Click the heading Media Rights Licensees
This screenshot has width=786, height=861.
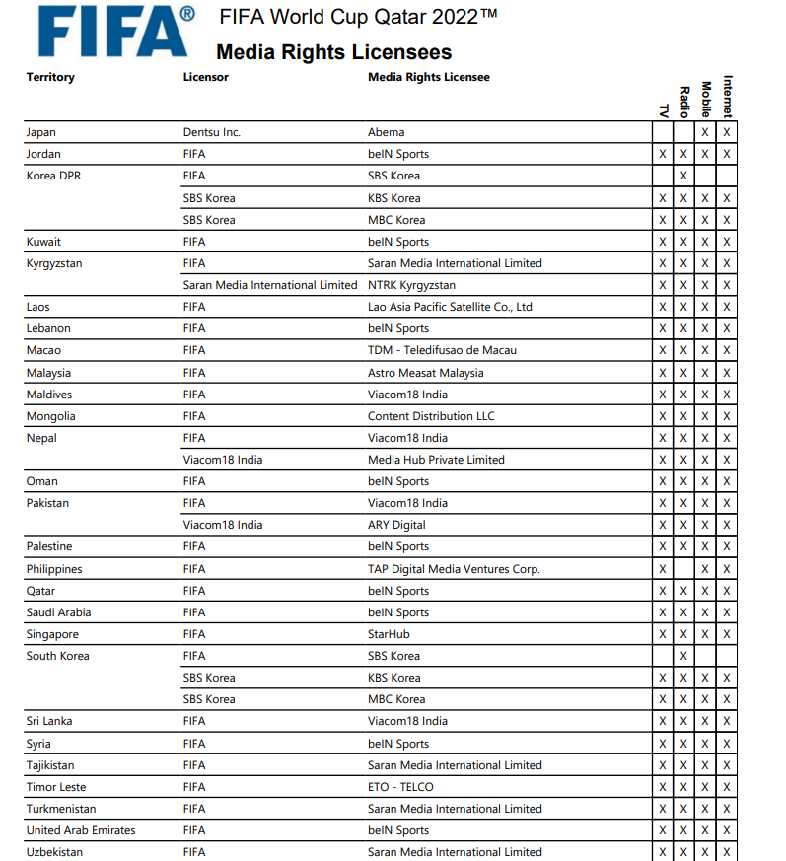(333, 52)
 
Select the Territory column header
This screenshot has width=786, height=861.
(50, 77)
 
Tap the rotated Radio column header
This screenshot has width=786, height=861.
(684, 102)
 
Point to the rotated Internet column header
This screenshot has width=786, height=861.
(728, 97)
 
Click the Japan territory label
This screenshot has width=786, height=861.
(41, 132)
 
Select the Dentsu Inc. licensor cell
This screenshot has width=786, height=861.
(212, 132)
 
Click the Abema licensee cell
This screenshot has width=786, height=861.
(387, 132)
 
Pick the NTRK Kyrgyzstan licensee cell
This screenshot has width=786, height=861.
(412, 285)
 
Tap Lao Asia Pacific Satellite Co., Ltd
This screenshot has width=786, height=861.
(450, 307)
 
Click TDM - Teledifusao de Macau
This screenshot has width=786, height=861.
(442, 350)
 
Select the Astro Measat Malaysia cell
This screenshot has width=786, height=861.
(426, 373)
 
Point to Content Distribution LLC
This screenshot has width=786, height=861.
(431, 416)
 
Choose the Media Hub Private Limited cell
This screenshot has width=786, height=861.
(436, 460)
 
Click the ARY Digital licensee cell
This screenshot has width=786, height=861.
(396, 525)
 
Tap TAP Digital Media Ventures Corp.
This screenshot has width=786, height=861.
(454, 569)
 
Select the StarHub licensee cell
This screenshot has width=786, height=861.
(389, 634)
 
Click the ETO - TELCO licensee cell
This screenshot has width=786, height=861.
(400, 787)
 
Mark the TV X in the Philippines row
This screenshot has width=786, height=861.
(662, 569)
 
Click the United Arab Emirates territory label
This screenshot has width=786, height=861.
(81, 830)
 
